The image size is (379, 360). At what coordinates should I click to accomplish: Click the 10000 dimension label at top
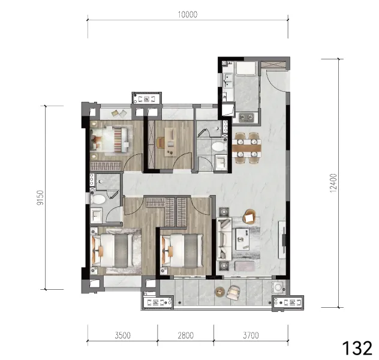[x=188, y=14]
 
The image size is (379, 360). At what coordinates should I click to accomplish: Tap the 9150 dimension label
[x=40, y=197]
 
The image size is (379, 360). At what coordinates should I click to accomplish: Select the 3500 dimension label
[x=122, y=335]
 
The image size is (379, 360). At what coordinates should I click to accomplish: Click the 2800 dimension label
[x=186, y=335]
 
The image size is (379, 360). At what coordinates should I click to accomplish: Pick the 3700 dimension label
[x=251, y=335]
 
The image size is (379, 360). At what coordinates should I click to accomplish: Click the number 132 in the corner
[x=357, y=348]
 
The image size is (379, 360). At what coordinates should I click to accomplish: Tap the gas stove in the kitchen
[x=246, y=118]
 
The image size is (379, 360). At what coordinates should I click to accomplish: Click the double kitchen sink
[x=228, y=80]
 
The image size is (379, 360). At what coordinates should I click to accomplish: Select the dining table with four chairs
[x=247, y=148]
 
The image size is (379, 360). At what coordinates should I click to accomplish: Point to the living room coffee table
[x=243, y=239]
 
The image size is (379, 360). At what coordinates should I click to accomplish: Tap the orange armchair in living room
[x=249, y=217]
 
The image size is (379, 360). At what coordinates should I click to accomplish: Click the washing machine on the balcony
[x=278, y=287]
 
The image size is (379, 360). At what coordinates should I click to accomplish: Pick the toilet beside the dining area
[x=218, y=147]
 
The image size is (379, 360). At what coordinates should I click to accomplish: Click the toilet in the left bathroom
[x=98, y=200]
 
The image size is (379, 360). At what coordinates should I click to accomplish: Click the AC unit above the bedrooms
[x=147, y=99]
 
